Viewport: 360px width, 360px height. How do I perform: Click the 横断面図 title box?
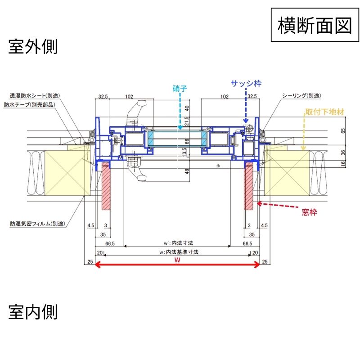(315, 25)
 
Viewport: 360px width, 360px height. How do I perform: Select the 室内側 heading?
(33, 311)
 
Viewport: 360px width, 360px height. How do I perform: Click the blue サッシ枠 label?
(246, 83)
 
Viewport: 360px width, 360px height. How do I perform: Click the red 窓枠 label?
(309, 212)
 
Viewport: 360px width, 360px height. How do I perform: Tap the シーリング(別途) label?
(301, 96)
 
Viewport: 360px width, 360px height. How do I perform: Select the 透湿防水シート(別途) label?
(35, 96)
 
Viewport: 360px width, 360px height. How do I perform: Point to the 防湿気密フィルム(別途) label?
(37, 223)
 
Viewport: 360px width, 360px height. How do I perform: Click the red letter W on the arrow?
(178, 260)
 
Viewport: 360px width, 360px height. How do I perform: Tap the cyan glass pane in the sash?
(178, 139)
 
